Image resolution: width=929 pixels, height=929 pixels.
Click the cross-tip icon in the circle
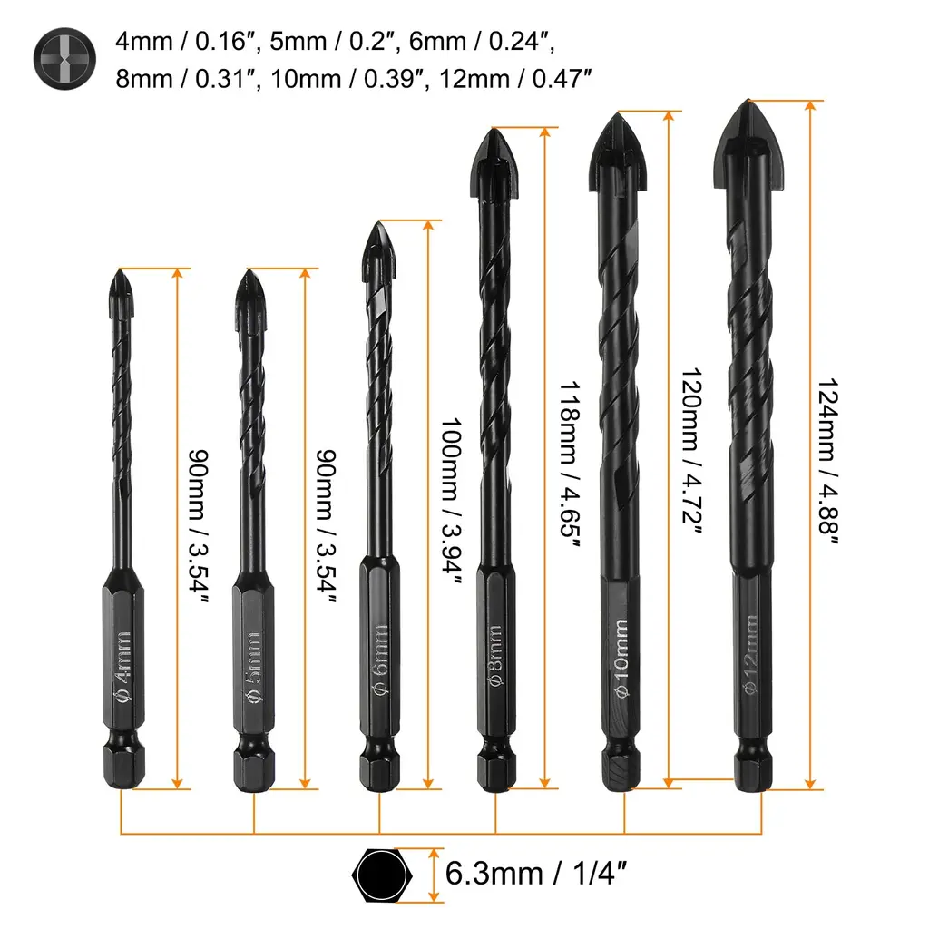[x=64, y=59]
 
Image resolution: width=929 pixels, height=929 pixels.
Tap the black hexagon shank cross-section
[x=382, y=875]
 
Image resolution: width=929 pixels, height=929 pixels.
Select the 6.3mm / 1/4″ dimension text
[x=535, y=874]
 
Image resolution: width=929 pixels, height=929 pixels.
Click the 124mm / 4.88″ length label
[x=827, y=460]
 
